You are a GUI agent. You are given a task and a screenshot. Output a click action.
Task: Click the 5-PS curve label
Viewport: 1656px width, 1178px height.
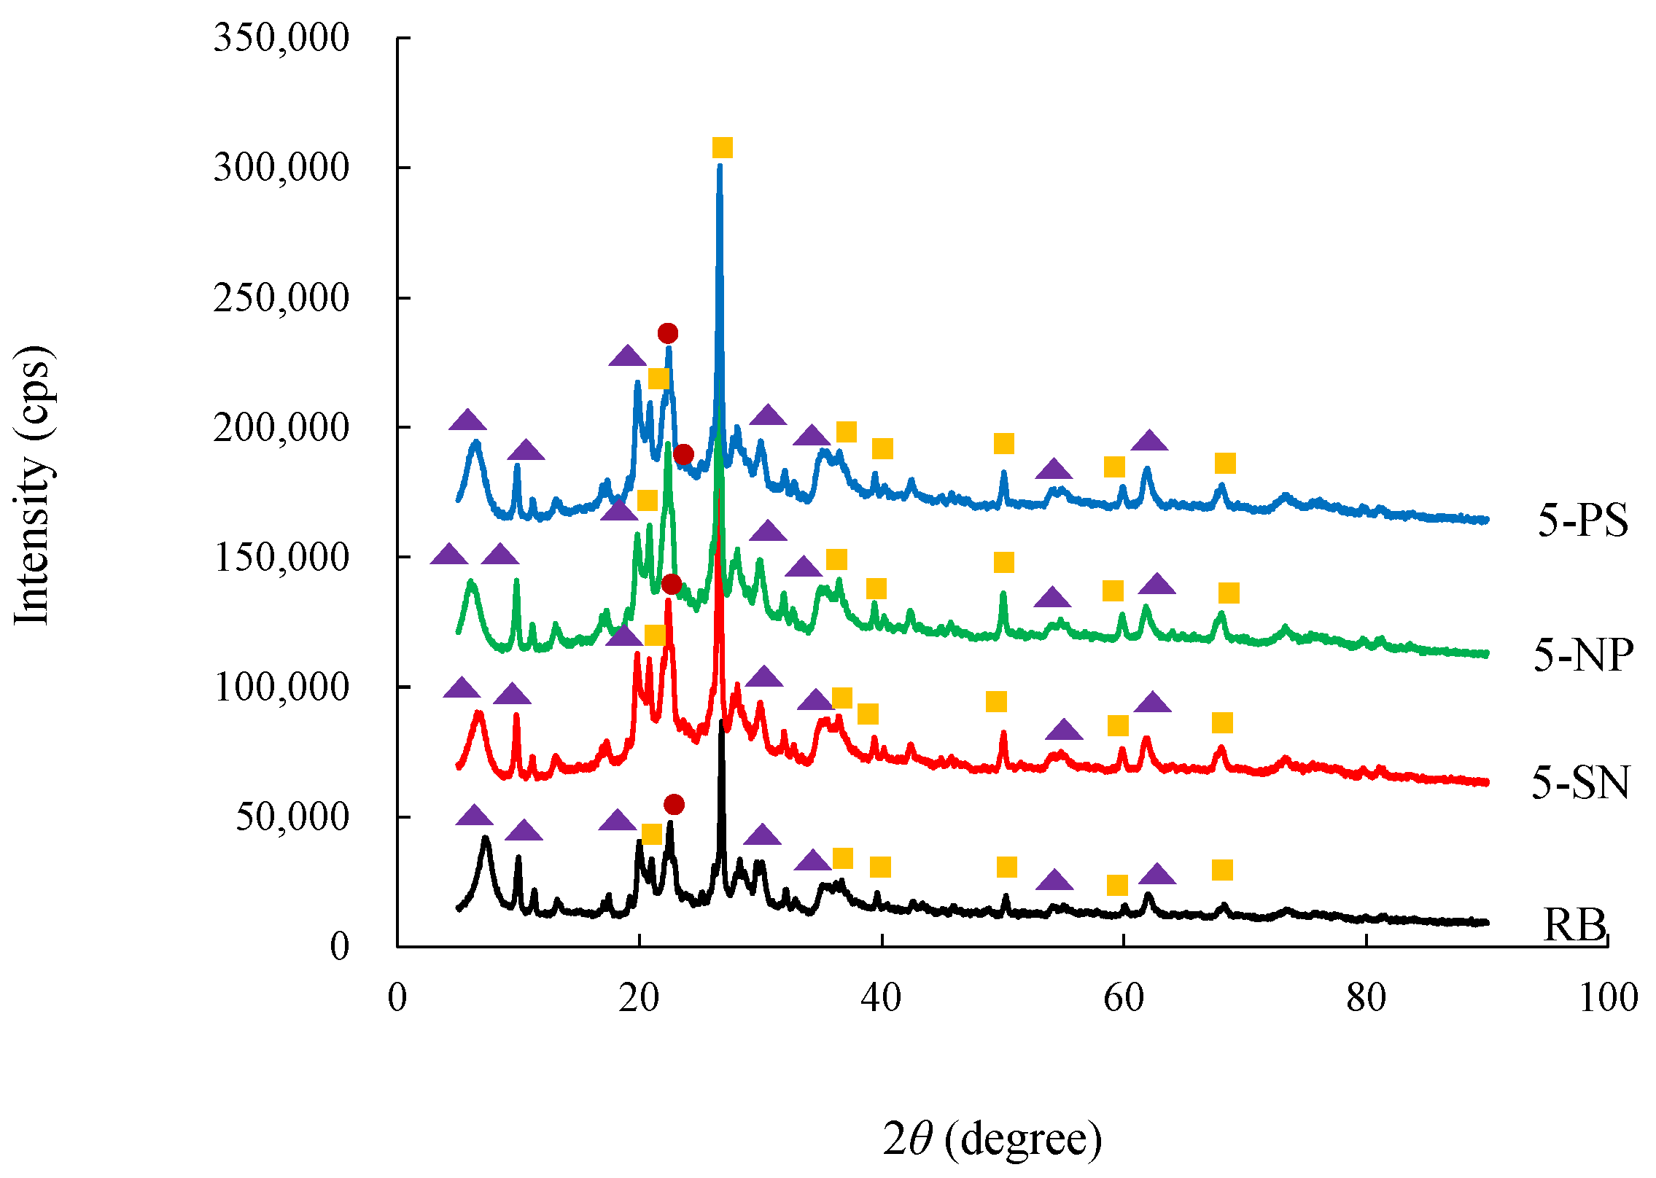point(1583,520)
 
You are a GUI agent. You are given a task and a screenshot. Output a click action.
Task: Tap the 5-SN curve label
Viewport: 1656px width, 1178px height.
point(1580,783)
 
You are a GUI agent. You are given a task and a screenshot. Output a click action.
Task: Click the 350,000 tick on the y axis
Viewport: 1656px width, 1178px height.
point(281,37)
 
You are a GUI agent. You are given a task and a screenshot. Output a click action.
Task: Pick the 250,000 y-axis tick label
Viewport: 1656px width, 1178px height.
point(281,297)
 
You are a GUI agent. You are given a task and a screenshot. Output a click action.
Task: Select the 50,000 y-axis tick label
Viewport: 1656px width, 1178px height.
point(292,816)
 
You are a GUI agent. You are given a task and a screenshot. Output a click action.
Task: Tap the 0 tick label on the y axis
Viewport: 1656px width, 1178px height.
point(340,947)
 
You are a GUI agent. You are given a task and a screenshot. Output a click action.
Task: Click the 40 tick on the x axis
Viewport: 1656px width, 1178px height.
point(881,997)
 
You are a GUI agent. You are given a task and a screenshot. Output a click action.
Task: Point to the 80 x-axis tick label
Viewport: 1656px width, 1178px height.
point(1366,997)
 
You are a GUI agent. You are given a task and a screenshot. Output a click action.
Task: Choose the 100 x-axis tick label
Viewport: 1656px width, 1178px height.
point(1608,997)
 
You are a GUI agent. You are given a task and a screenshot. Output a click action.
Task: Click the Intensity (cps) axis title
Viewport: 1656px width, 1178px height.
point(33,485)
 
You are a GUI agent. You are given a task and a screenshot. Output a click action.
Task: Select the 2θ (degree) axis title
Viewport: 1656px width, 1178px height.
point(992,1139)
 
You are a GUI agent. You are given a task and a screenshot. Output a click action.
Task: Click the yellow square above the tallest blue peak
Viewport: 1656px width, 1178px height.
point(722,148)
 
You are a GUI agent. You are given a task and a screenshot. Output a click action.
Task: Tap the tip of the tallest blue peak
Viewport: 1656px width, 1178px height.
point(720,167)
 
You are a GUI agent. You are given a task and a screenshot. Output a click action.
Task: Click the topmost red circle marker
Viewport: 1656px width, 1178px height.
point(668,333)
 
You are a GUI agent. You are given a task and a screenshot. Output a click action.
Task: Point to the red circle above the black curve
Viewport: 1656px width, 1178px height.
point(674,805)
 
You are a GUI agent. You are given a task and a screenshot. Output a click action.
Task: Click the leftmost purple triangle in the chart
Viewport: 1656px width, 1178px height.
point(449,555)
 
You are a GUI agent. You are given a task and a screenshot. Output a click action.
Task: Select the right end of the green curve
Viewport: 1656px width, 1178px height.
point(1486,654)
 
